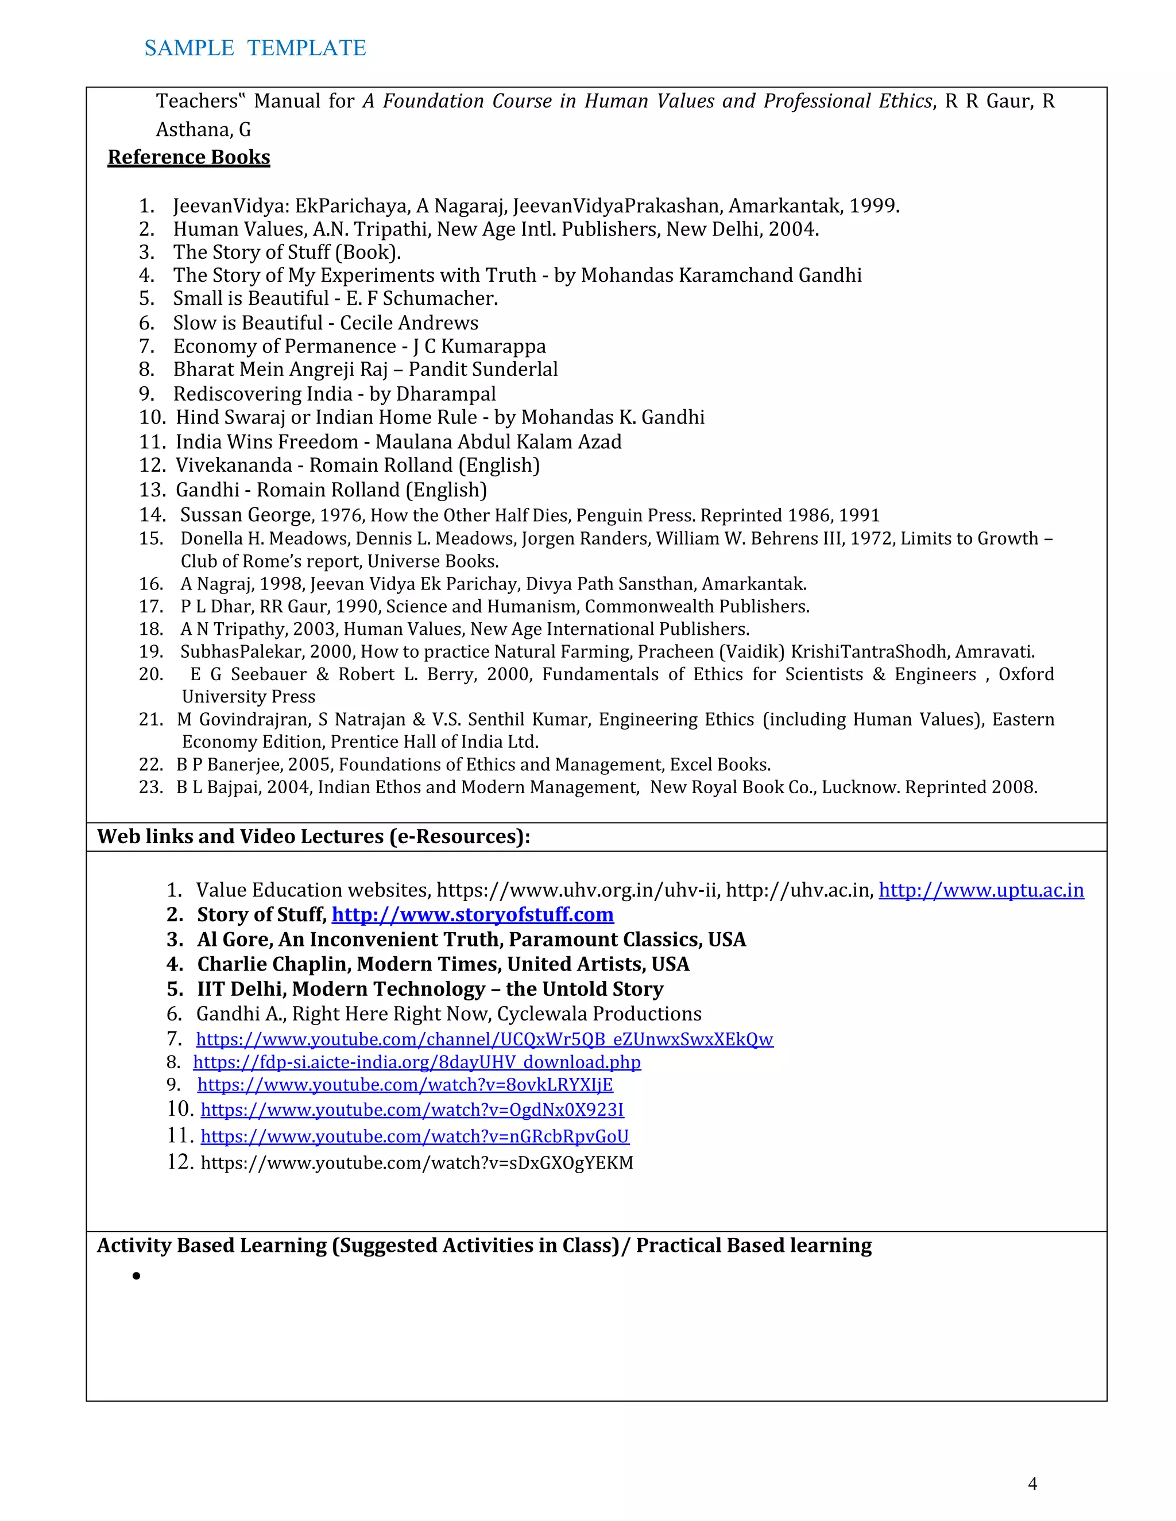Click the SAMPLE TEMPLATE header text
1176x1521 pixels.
pyautogui.click(x=255, y=48)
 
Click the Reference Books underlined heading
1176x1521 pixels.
pyautogui.click(x=189, y=157)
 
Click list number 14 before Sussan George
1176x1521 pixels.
pyautogui.click(x=152, y=515)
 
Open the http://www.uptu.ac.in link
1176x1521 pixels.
pyautogui.click(x=980, y=890)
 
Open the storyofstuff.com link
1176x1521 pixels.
pyautogui.click(x=473, y=914)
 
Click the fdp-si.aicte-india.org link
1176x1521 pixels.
pyautogui.click(x=417, y=1062)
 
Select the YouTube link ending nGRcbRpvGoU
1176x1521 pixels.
pyautogui.click(x=415, y=1136)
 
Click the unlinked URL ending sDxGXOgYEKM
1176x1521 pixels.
pyautogui.click(x=417, y=1163)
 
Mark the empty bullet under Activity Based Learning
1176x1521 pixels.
pyautogui.click(x=137, y=1276)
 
